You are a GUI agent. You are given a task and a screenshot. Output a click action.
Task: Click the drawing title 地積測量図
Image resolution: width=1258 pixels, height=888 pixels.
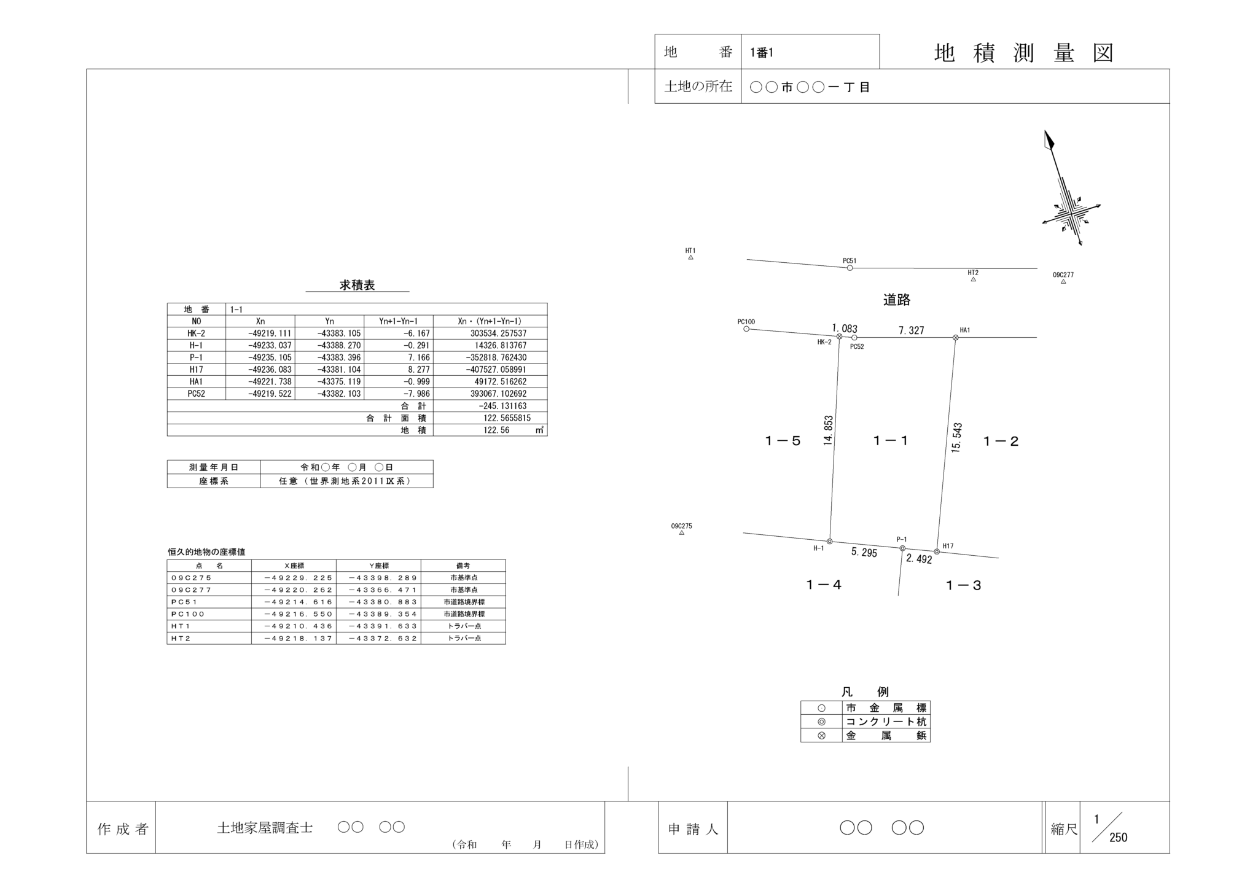pos(1023,53)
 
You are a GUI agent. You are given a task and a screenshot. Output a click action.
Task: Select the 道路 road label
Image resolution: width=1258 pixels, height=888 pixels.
pos(897,300)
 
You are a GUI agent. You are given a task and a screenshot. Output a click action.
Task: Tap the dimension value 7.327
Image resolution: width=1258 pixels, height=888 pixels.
pos(911,330)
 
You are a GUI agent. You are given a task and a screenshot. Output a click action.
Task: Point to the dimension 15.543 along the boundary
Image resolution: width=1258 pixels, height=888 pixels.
pos(957,438)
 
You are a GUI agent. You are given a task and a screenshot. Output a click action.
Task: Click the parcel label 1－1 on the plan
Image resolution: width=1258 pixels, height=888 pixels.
pos(891,440)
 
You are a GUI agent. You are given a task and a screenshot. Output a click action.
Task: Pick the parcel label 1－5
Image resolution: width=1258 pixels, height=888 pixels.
pos(783,441)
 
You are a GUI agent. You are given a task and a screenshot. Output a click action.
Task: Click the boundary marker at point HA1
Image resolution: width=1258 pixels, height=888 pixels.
pos(955,338)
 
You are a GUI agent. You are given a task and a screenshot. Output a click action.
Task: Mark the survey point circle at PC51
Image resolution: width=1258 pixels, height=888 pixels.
pos(850,268)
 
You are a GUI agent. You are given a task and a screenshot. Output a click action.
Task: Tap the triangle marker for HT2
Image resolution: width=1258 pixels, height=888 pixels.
pos(973,279)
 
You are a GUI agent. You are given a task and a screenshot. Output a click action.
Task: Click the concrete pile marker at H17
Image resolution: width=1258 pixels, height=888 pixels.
pos(937,551)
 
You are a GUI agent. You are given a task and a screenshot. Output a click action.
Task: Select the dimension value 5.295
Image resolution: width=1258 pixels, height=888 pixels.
pos(864,553)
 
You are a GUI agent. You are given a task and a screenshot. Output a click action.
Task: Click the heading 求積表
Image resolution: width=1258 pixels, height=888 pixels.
pos(357,286)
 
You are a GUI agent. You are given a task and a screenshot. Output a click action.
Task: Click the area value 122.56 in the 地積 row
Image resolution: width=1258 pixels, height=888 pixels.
pos(496,430)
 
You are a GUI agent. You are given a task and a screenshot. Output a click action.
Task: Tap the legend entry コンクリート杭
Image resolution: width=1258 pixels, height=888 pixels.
pos(886,722)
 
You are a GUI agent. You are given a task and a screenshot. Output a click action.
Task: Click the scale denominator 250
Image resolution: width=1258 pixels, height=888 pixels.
pos(1118,838)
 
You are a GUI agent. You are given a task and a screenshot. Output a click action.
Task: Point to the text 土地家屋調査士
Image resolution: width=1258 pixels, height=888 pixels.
pos(265,828)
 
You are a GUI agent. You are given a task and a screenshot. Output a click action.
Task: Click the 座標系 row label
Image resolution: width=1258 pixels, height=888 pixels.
pos(213,481)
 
